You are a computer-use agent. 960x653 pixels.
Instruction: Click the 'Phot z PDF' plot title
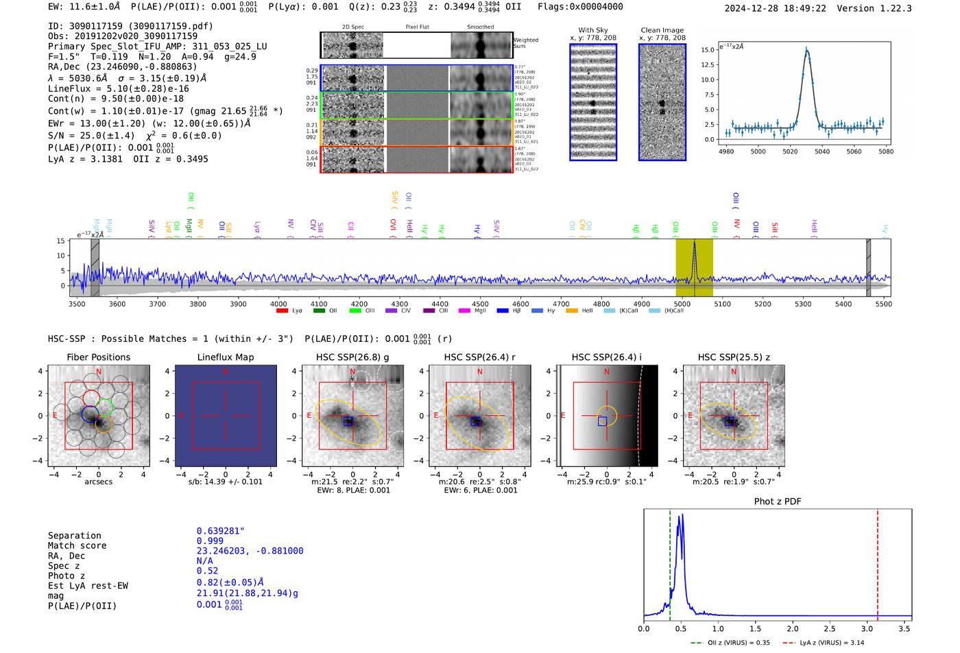point(778,502)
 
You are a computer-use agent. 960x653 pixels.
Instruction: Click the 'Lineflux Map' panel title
point(226,357)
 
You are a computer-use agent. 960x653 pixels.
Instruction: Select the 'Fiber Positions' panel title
point(98,357)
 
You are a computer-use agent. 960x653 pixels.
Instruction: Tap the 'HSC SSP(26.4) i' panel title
point(607,357)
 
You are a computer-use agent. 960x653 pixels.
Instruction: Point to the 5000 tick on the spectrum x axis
point(682,304)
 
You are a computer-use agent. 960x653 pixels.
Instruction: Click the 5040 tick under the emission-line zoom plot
point(821,151)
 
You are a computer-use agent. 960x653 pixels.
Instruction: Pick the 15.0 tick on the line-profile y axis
point(708,50)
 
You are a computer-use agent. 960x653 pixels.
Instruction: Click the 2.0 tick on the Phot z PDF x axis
point(793,628)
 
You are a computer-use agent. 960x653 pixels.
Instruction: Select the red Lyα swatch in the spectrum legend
point(282,311)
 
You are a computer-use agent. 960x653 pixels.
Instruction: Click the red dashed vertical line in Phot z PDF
point(878,562)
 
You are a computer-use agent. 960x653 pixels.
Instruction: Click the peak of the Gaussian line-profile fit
point(806,50)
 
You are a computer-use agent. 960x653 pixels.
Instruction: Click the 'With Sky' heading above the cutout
point(593,30)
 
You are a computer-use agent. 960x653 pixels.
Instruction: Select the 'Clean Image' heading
point(662,30)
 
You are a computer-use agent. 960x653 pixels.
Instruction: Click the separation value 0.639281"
point(220,531)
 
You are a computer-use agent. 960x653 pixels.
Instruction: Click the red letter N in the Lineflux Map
point(226,372)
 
